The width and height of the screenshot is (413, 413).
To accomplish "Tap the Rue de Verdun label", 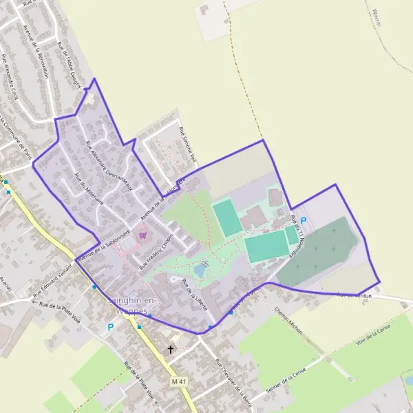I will click(354, 295).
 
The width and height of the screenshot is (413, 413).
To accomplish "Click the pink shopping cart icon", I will click(142, 235).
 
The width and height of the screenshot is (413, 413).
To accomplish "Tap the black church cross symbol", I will click(171, 350).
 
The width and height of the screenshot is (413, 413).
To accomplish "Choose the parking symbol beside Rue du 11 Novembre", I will click(304, 221).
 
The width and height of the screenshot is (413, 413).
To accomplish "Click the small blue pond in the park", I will click(200, 270).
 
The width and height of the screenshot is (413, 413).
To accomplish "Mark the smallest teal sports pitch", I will click(292, 235).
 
